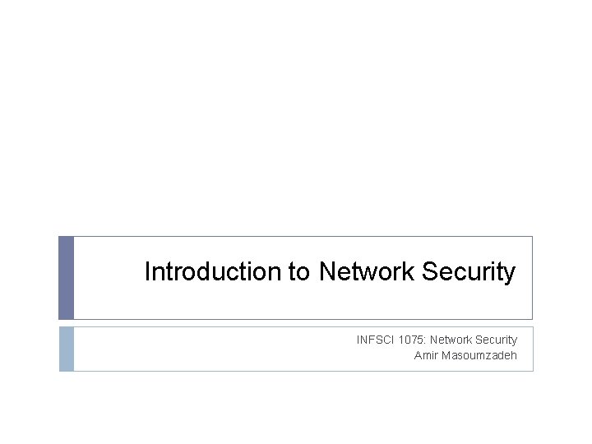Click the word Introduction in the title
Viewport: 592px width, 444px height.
(213, 272)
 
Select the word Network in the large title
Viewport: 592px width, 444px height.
(367, 272)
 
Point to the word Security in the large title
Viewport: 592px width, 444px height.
(469, 272)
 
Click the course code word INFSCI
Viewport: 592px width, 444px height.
(374, 340)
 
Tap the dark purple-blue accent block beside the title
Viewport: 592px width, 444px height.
(67, 278)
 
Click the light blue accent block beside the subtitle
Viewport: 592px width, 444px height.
(67, 349)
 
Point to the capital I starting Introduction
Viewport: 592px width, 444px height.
(147, 272)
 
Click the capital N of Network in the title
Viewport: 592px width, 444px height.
(326, 272)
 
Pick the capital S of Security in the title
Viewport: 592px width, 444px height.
(429, 272)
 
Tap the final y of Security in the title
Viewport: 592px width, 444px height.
(510, 275)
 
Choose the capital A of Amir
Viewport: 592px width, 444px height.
(418, 355)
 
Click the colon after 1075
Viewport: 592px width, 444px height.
(426, 340)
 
